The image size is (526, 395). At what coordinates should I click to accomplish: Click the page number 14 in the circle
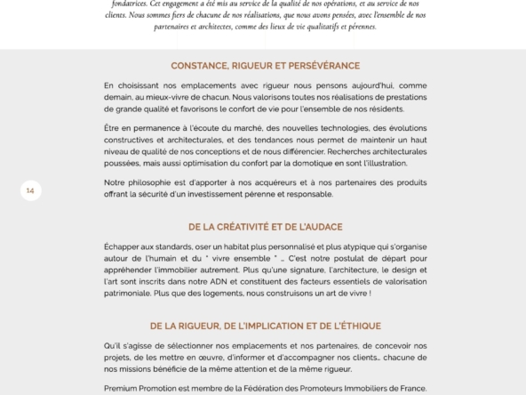click(x=30, y=190)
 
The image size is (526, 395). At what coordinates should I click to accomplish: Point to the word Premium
click(x=122, y=388)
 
